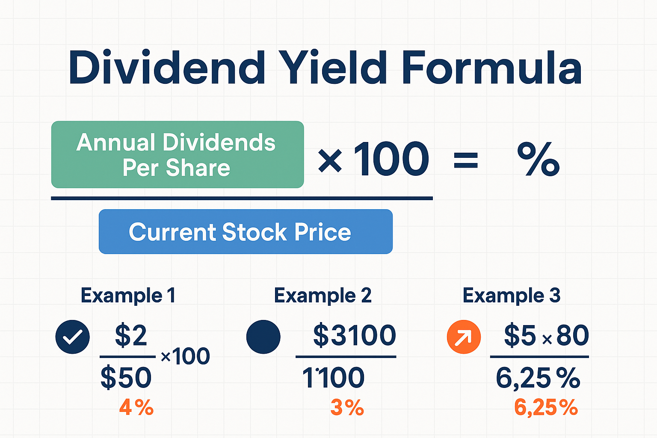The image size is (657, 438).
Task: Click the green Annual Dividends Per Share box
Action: tap(177, 154)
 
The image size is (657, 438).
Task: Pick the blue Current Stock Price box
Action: tap(246, 231)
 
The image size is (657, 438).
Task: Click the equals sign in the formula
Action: tap(465, 161)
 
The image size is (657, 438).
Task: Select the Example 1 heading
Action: tap(128, 296)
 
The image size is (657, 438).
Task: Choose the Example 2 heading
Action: tap(323, 296)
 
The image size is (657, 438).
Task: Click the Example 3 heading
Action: tap(511, 296)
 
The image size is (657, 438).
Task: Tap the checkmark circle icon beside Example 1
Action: tap(73, 337)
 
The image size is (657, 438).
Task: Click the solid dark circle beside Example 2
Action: tap(263, 337)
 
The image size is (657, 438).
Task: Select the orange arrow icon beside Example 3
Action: tap(464, 337)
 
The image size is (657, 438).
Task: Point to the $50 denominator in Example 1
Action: tap(126, 378)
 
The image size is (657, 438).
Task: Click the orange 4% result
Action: tap(136, 408)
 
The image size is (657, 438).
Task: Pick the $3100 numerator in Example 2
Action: tap(354, 335)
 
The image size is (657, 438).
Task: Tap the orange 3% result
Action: tap(347, 408)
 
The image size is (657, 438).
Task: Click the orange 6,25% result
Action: tap(546, 408)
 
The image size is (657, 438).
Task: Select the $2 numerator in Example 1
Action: tap(131, 335)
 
